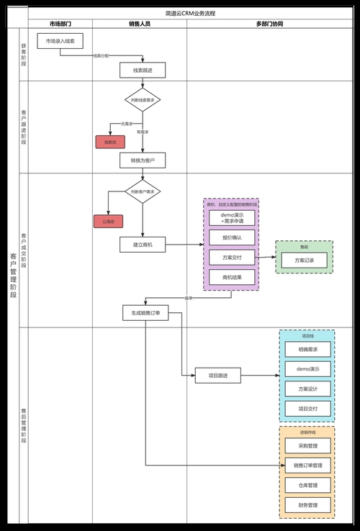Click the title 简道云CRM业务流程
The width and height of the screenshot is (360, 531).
[x=190, y=13]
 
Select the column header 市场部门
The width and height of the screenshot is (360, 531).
[x=60, y=24]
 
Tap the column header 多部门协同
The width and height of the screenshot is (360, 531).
[x=269, y=24]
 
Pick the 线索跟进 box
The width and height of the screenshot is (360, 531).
[x=143, y=70]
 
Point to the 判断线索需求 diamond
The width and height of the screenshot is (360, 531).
[x=143, y=99]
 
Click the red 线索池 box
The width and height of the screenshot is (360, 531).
[x=110, y=142]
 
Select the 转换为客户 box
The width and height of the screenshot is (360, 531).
[x=143, y=159]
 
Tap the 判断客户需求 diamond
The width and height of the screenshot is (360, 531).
[x=143, y=191]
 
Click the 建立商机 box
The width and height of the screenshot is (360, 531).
[x=143, y=245]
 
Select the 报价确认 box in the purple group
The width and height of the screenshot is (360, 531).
[x=231, y=237]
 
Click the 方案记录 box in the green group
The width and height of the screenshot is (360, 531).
[x=303, y=260]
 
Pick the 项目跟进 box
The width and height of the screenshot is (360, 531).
[x=218, y=375]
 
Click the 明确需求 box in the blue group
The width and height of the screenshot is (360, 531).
[x=307, y=350]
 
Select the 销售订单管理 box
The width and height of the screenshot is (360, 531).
[x=307, y=465]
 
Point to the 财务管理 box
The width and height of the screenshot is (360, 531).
[x=307, y=504]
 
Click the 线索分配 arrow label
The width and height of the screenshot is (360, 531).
[x=101, y=55]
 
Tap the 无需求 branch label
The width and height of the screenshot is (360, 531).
[x=127, y=124]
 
